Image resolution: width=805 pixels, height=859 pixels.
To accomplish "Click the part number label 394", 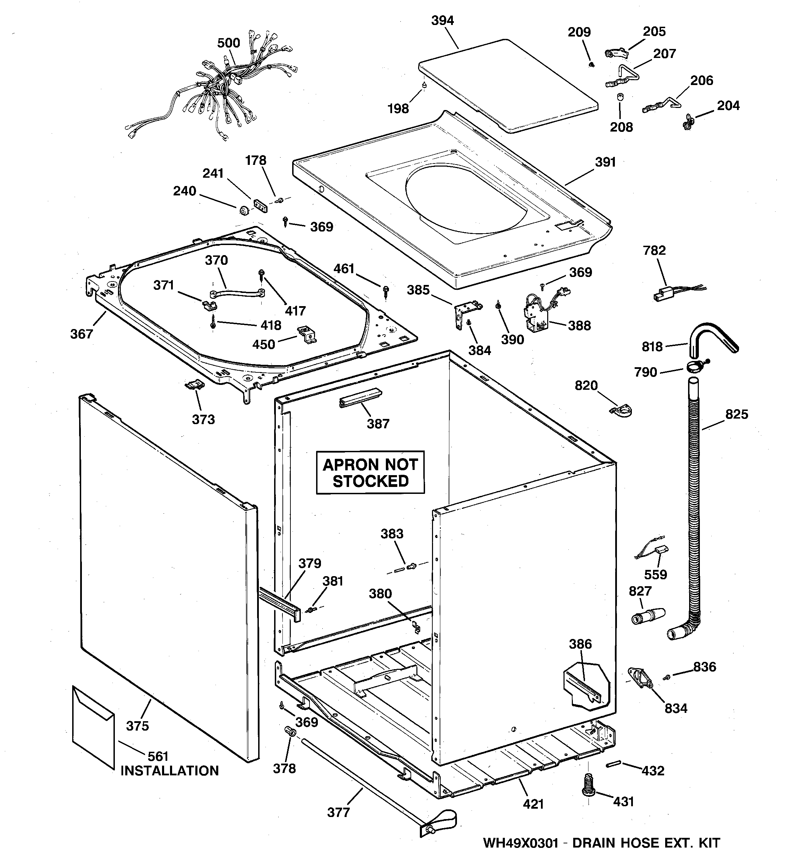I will [442, 20].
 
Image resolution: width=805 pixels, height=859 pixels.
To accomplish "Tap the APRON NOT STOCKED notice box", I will [370, 472].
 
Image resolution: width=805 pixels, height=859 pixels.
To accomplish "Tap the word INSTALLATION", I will [169, 771].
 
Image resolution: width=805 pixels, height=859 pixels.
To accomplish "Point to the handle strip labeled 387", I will [360, 397].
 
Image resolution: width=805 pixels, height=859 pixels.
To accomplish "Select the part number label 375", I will [137, 726].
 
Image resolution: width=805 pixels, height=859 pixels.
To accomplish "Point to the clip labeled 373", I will [194, 384].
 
